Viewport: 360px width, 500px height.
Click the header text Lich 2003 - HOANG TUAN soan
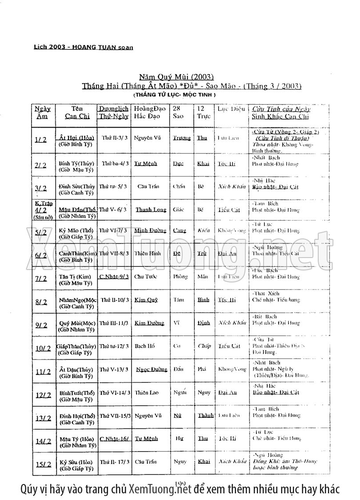point(84,47)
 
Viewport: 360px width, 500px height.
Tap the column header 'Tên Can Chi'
point(77,112)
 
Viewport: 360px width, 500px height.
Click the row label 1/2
point(40,139)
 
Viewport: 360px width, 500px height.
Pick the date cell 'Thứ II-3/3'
point(113,137)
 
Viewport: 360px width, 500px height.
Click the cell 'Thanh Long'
point(151,210)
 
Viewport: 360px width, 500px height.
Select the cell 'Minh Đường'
point(150,230)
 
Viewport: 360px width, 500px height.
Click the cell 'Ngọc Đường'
point(152,369)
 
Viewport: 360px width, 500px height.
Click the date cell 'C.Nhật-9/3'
point(114,276)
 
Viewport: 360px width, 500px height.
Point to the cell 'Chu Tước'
point(144,276)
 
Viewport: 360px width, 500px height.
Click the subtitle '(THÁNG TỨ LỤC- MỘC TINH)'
point(174,95)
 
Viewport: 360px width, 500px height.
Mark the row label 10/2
point(43,348)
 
